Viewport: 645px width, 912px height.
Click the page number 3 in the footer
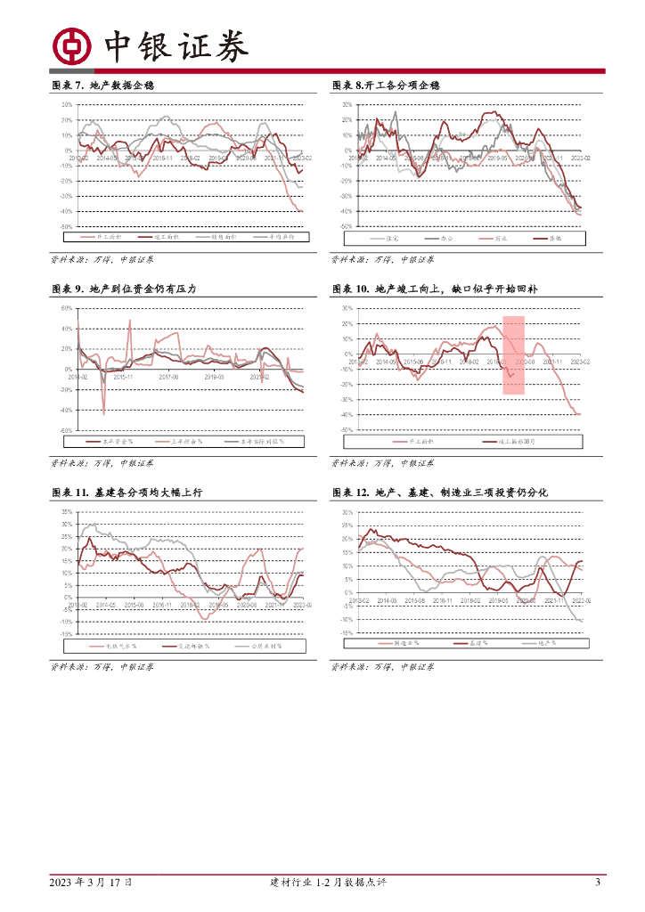(x=598, y=883)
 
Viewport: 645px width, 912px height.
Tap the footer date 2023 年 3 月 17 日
(x=92, y=883)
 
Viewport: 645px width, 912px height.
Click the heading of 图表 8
(x=386, y=85)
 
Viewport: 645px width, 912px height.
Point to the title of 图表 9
(x=122, y=289)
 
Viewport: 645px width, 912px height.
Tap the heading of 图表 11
(x=127, y=493)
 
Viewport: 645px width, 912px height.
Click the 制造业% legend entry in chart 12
(x=404, y=643)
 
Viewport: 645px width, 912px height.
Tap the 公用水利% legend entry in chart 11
(x=258, y=647)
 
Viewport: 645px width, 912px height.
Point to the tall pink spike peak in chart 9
(x=130, y=321)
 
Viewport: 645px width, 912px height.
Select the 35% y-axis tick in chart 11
(x=66, y=512)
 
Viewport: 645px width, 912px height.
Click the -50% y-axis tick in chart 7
(x=65, y=227)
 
